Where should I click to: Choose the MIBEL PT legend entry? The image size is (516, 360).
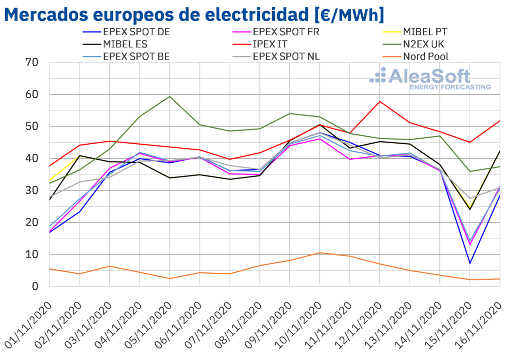point(426,32)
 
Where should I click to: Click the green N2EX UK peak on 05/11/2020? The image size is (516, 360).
point(170,96)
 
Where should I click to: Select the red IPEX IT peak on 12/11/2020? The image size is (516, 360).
point(380,101)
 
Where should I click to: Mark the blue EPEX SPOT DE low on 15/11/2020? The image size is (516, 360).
point(470,263)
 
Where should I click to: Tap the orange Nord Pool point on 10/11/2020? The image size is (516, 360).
point(319,253)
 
